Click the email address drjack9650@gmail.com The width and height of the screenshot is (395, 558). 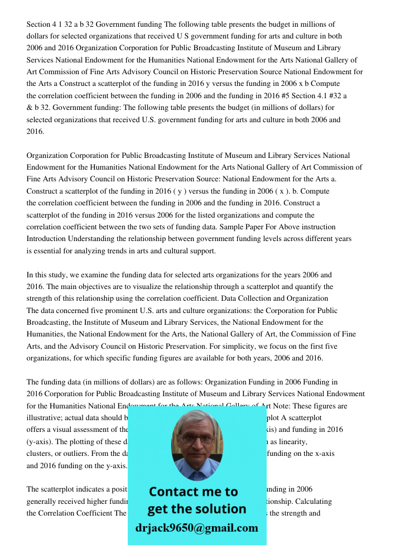click(196, 528)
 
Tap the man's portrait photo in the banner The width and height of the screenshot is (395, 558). click(196, 444)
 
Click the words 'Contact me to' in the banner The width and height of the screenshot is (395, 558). click(193, 492)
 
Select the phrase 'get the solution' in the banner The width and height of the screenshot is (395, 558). click(196, 509)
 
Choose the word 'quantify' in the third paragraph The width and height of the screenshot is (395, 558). click(305, 286)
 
